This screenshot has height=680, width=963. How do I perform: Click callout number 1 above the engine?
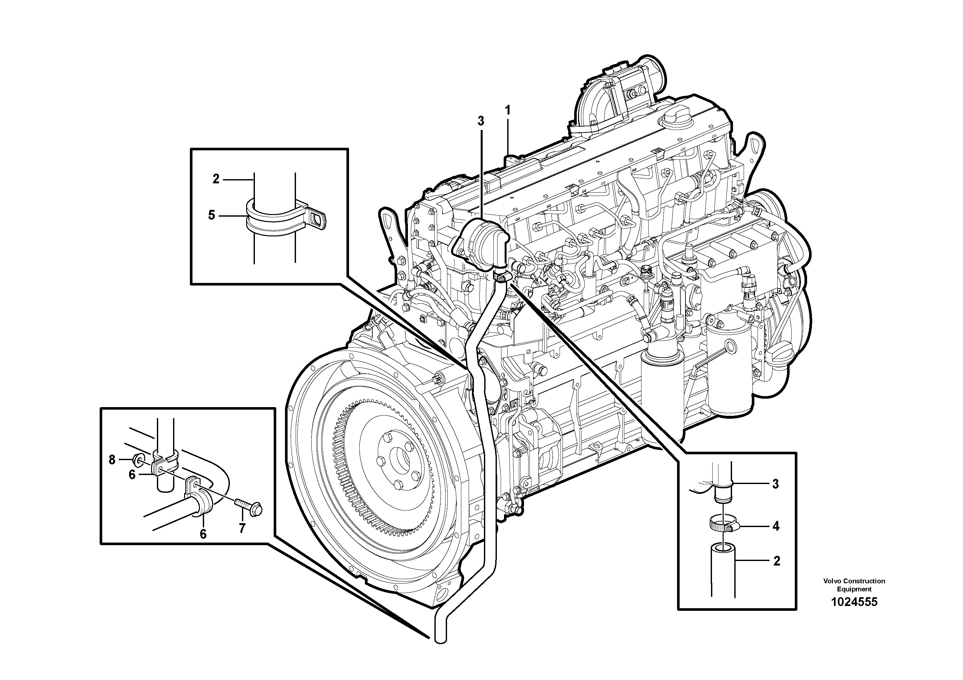pos(508,111)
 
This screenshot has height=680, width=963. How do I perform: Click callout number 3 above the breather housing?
pos(481,121)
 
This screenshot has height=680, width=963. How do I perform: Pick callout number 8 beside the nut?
pos(112,460)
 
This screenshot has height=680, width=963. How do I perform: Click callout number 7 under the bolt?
pos(242,529)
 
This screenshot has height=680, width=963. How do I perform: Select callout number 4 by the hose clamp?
pos(775,526)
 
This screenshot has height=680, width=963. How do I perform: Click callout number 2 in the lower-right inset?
pos(776,561)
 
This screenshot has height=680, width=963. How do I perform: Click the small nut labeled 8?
pos(137,460)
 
